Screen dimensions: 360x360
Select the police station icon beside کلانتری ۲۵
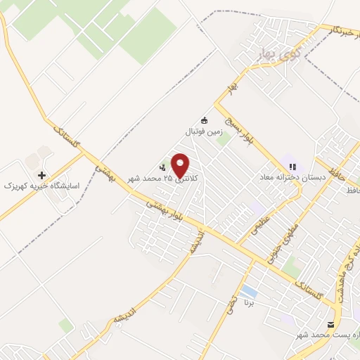pyautogui.click(x=164, y=167)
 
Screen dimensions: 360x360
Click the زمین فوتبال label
pyautogui.click(x=203, y=131)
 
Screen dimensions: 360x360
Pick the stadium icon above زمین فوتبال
pyautogui.click(x=205, y=120)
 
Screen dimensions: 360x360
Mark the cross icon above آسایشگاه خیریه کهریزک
pyautogui.click(x=42, y=174)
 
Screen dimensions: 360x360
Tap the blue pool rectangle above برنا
pyautogui.click(x=248, y=292)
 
